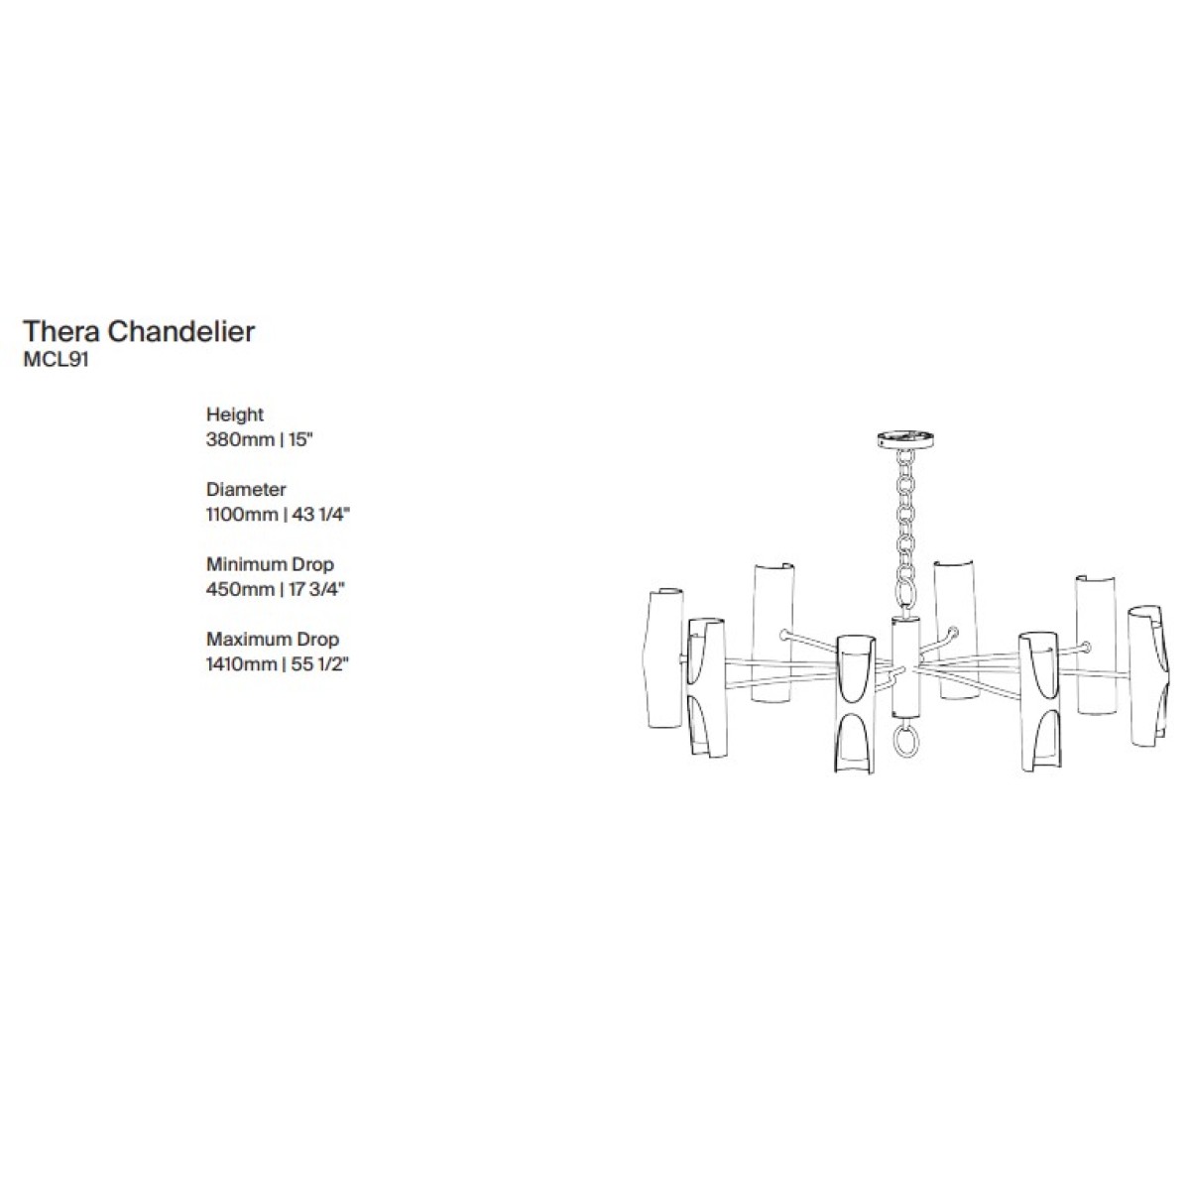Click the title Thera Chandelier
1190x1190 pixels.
coord(139,331)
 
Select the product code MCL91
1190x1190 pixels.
coord(57,361)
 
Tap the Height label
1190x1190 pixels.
coord(235,415)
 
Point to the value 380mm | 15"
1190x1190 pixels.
coord(260,439)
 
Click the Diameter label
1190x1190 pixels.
coord(246,489)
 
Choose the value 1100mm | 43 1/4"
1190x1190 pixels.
coord(279,515)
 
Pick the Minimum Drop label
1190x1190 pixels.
coord(270,564)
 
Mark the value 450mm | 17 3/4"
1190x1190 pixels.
coord(276,589)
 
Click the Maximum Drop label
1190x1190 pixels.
coord(273,640)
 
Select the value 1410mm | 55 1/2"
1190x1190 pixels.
coord(277,664)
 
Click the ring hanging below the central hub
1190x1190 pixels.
coord(906,740)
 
